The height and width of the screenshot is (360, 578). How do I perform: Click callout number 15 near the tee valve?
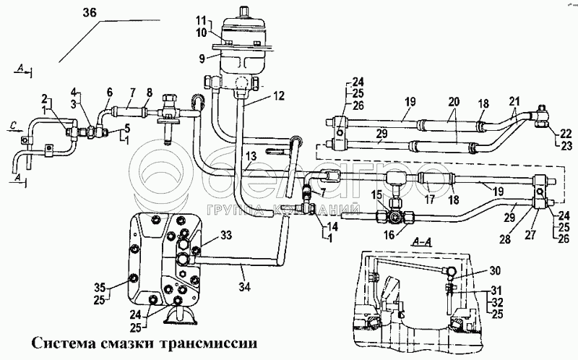coord(376,195)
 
